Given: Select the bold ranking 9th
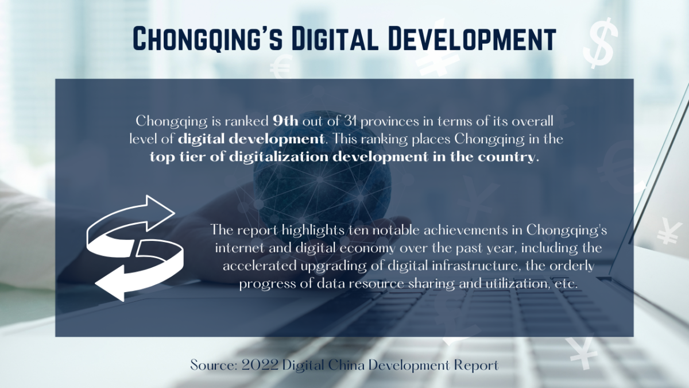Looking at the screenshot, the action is pyautogui.click(x=285, y=121).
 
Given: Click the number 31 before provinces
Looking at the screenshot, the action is pyautogui.click(x=350, y=121).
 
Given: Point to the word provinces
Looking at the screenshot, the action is pyautogui.click(x=389, y=122).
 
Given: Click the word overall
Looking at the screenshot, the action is pyautogui.click(x=532, y=121).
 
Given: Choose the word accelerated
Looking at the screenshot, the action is pyautogui.click(x=260, y=266).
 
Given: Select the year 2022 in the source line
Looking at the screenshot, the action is pyautogui.click(x=260, y=366).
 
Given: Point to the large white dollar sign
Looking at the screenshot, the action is pyautogui.click(x=600, y=43).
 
